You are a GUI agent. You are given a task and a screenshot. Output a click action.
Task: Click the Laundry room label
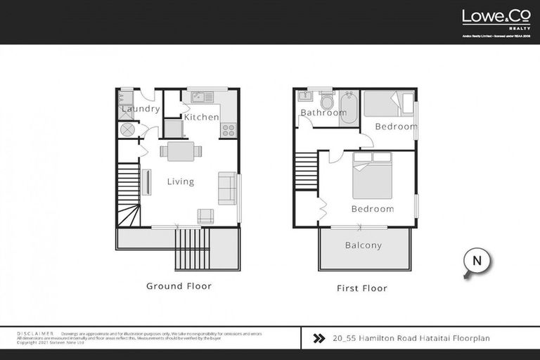141,109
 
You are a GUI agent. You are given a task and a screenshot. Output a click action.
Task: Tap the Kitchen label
201,117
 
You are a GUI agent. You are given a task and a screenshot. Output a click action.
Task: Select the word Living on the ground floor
180,181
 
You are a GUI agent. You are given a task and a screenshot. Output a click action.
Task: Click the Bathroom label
321,112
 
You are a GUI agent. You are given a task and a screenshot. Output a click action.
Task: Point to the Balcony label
363,245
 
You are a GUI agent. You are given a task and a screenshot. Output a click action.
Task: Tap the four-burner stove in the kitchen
229,129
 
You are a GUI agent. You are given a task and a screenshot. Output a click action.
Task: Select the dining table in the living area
181,150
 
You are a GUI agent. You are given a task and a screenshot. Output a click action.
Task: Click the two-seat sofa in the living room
227,188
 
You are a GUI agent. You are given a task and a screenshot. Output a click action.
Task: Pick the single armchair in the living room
205,216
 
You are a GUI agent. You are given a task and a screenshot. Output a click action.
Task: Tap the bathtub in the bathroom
349,108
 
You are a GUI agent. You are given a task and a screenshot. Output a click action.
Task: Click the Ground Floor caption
179,286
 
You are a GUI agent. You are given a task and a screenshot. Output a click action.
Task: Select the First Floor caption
363,288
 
